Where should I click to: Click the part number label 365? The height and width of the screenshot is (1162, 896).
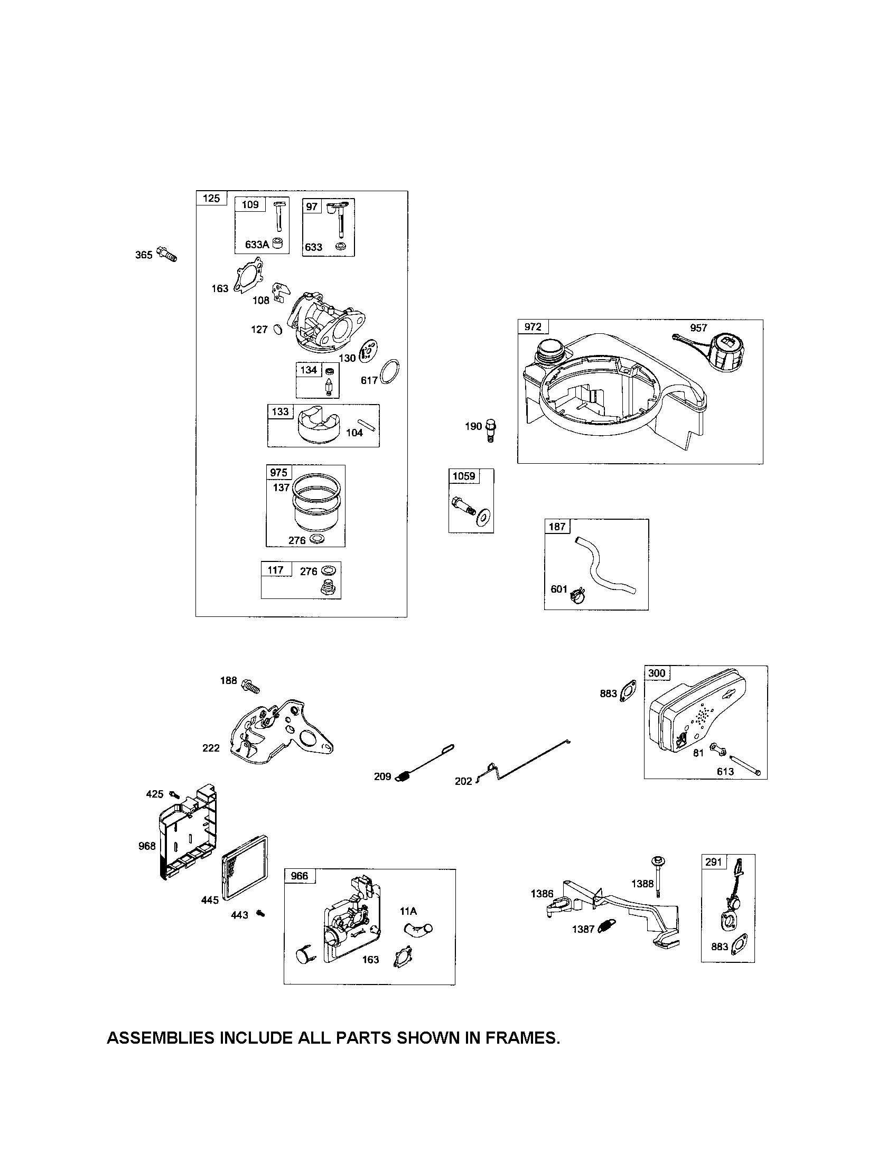tap(144, 255)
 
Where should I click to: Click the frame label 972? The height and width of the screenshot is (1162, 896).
tap(533, 326)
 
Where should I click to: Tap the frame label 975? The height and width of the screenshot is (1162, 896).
tap(278, 473)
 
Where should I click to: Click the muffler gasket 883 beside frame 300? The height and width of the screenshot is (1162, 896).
tap(629, 692)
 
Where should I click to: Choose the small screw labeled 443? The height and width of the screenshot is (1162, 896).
tap(260, 913)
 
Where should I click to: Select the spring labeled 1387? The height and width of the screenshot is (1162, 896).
tap(607, 926)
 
